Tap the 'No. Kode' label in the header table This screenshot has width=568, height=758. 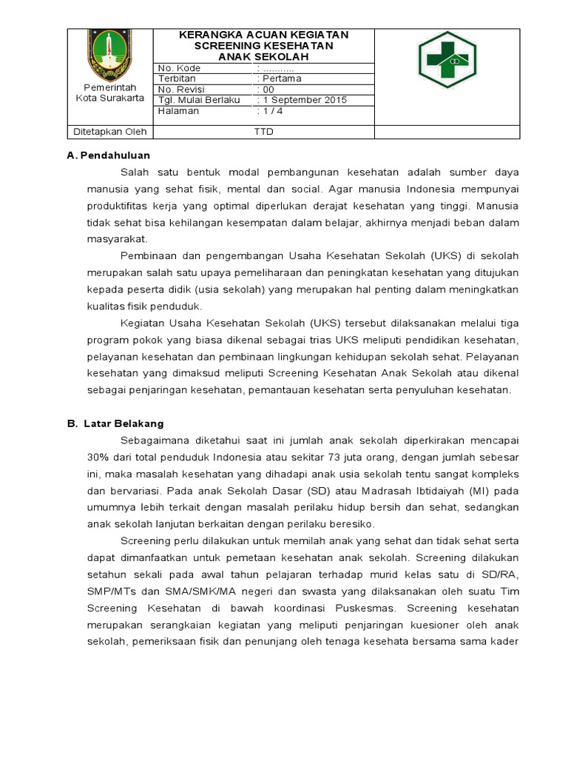click(180, 68)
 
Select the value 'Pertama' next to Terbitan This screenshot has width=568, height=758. click(278, 78)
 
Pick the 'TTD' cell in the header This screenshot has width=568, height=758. click(263, 132)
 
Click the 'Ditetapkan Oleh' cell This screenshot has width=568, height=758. click(108, 132)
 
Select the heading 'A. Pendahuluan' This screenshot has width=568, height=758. click(109, 155)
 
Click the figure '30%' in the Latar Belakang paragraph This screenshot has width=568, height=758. click(99, 457)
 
